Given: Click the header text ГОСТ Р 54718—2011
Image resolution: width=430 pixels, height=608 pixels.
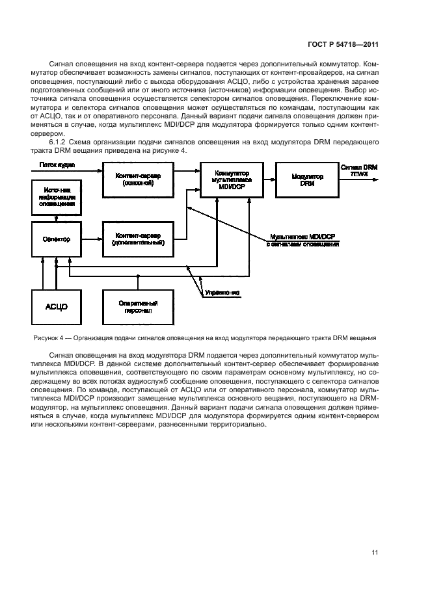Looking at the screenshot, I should [x=344, y=45].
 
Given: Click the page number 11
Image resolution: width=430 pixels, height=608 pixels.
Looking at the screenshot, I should [x=375, y=553].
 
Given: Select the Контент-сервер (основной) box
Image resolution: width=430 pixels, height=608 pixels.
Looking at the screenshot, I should [x=137, y=179].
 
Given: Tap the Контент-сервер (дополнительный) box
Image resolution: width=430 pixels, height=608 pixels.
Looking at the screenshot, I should [x=137, y=239].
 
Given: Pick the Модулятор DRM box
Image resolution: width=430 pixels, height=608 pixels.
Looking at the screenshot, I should [x=302, y=179].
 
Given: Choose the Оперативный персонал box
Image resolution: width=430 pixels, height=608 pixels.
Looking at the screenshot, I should [x=137, y=306].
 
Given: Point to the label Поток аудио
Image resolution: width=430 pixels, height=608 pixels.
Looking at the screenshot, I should [x=57, y=166].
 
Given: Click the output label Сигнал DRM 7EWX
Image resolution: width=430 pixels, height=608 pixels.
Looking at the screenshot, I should [x=358, y=171].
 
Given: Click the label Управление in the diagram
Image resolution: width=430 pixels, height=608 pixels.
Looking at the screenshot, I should [x=222, y=293].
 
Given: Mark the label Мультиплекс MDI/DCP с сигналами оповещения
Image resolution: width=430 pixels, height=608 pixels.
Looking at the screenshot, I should [x=302, y=241].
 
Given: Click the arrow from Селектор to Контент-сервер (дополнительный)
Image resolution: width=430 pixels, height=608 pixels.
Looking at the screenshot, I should [x=91, y=239].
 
